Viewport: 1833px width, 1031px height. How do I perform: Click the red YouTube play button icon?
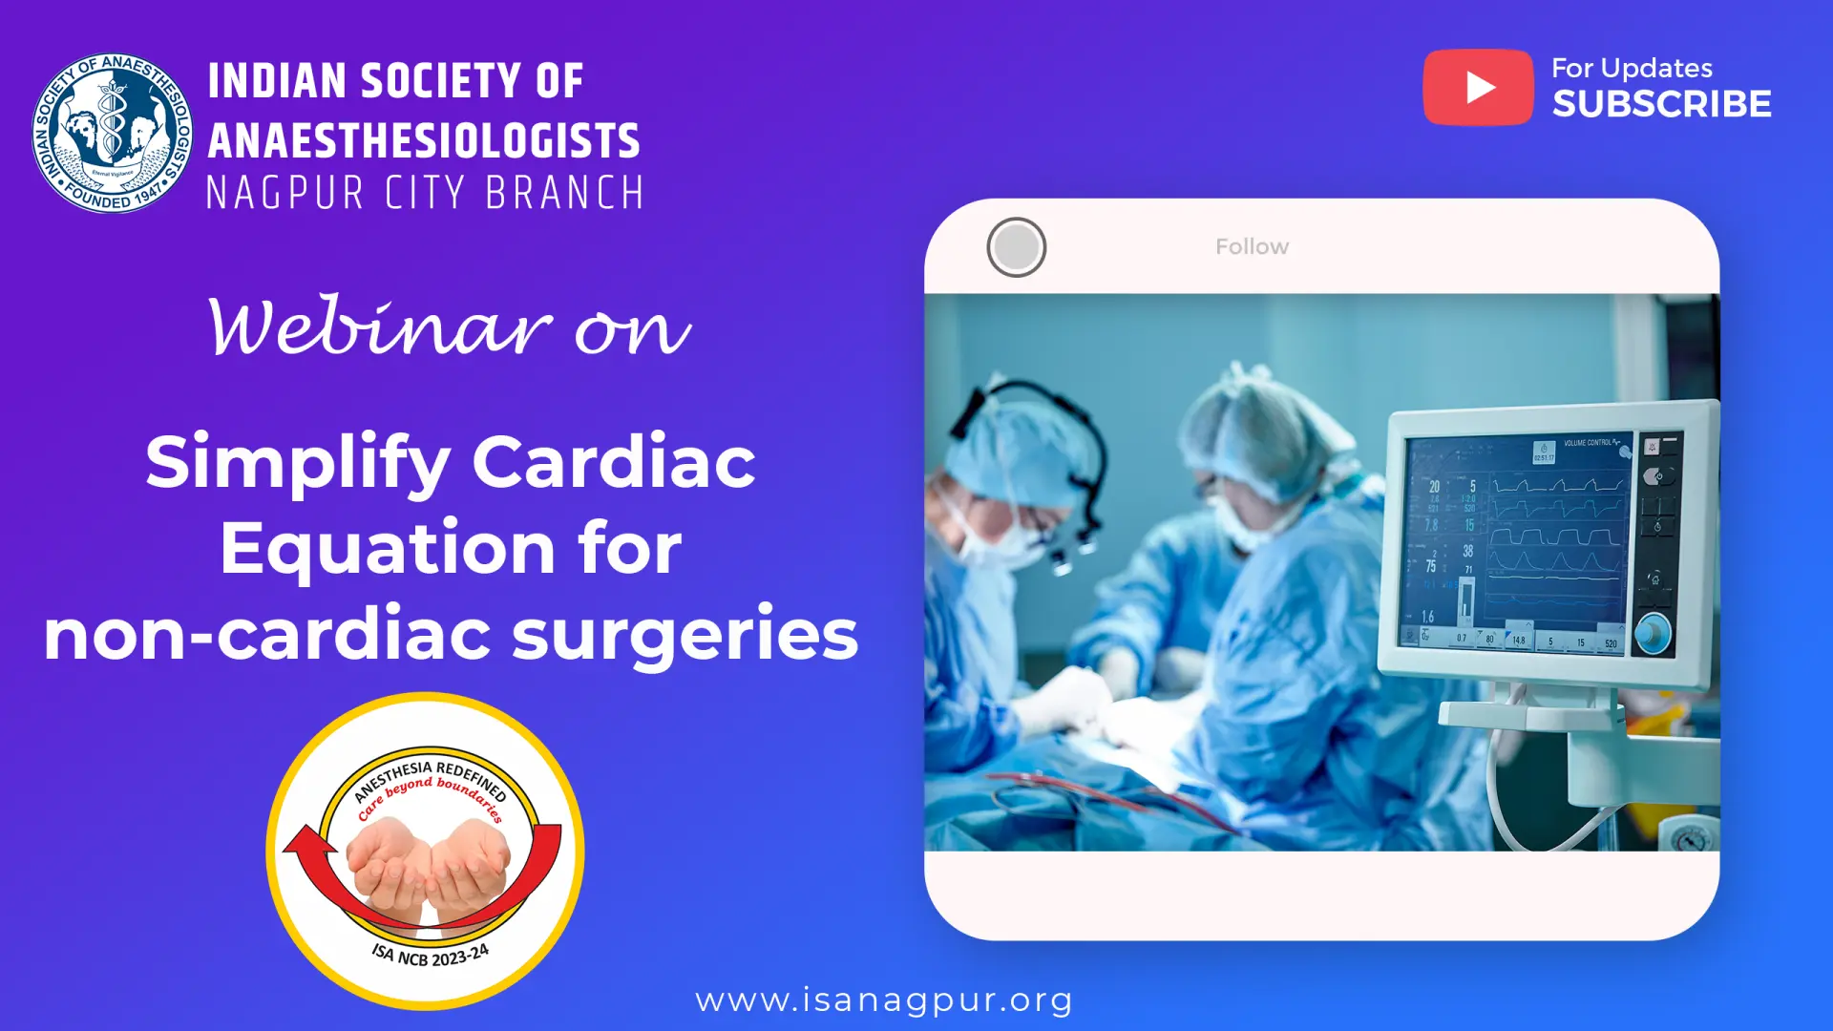[x=1478, y=87]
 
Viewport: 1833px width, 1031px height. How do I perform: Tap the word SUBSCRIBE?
[x=1661, y=104]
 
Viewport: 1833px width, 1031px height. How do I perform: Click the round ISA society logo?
[x=112, y=133]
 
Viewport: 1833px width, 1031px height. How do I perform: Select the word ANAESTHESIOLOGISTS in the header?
[x=424, y=140]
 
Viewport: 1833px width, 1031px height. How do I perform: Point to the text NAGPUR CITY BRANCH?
[x=426, y=193]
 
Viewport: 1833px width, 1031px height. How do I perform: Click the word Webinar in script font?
[x=380, y=327]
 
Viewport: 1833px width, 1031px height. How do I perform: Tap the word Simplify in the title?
[x=297, y=461]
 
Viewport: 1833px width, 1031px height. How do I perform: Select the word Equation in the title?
[x=388, y=548]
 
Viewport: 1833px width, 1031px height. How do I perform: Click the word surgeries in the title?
[x=685, y=634]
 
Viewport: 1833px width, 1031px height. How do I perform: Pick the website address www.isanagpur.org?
[x=884, y=999]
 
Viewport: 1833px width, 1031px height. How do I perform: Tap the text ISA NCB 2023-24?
[x=431, y=955]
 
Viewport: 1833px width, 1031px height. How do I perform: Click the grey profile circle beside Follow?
[x=1016, y=247]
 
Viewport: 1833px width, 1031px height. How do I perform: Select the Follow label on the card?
[x=1252, y=247]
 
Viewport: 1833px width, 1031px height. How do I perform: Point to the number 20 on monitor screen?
[x=1434, y=487]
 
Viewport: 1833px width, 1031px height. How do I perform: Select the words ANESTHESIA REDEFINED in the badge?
[x=430, y=775]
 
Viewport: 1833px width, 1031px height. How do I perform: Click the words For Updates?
[x=1632, y=69]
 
